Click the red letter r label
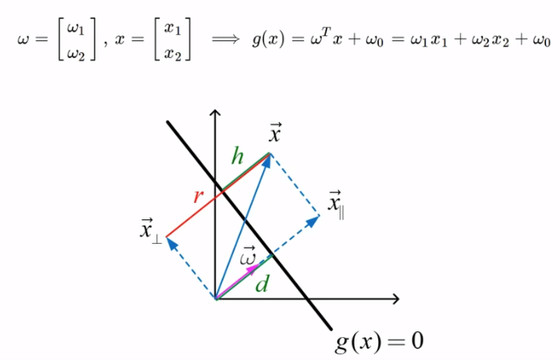click(197, 196)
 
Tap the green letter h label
click(237, 157)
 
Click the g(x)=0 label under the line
click(379, 340)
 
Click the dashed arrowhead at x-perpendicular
click(170, 241)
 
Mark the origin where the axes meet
click(215, 299)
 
